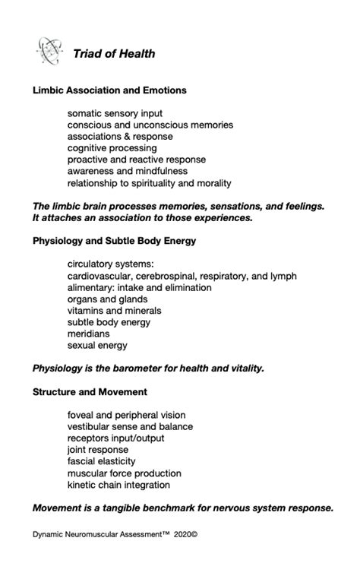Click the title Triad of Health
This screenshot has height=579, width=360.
(x=114, y=54)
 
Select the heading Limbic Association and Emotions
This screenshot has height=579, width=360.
(x=109, y=90)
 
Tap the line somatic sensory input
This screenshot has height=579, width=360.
(x=115, y=113)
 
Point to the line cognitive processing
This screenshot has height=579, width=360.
(x=112, y=148)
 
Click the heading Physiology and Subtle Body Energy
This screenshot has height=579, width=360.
(x=115, y=241)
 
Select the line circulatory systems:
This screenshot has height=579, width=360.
(x=110, y=264)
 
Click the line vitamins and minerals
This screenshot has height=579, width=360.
(x=114, y=311)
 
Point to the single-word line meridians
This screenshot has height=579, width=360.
(x=88, y=334)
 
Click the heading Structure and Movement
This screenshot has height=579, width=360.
(x=90, y=392)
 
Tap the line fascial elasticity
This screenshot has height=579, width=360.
(x=102, y=461)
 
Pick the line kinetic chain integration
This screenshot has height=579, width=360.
(x=118, y=485)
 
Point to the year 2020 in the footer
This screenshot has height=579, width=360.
(x=181, y=534)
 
